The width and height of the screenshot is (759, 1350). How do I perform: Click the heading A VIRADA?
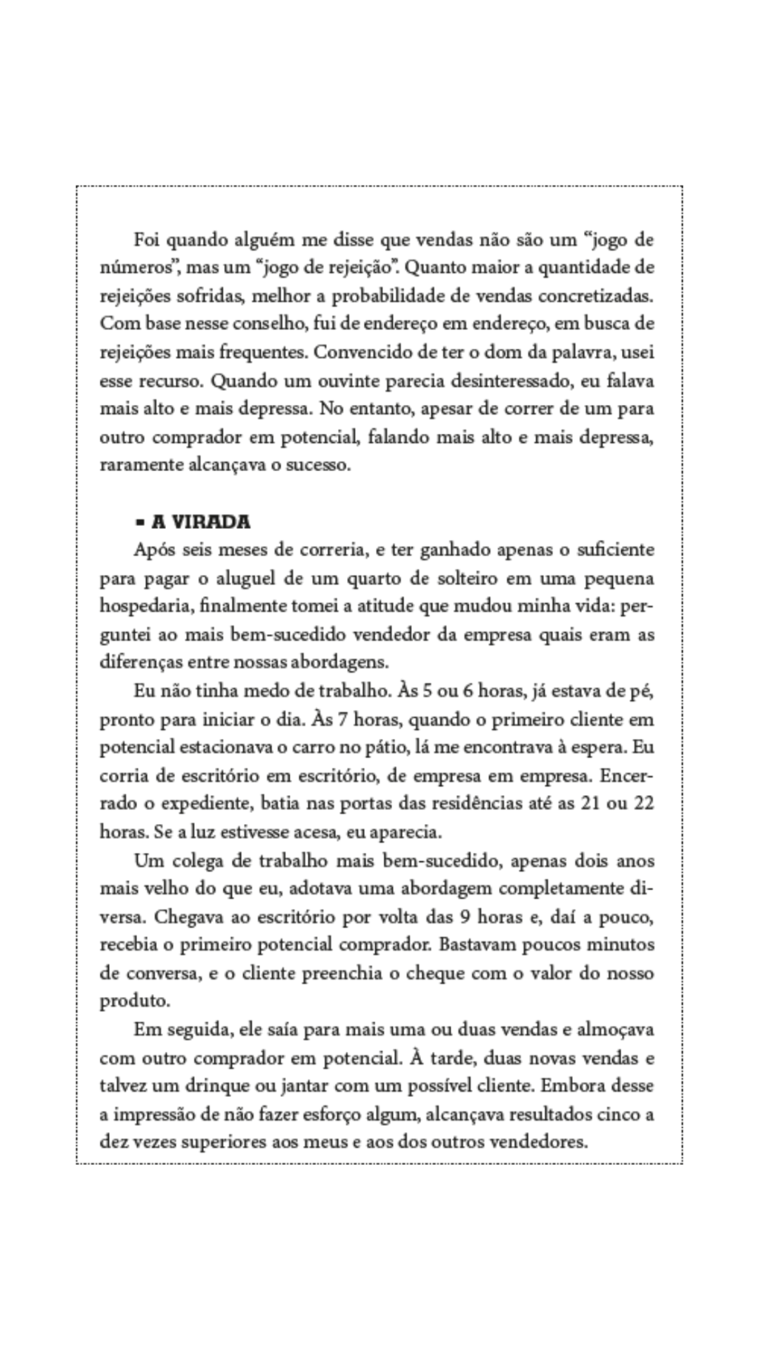click(200, 521)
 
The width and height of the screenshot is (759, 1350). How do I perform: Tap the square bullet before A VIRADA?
click(139, 522)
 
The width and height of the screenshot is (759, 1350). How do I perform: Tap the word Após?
click(152, 550)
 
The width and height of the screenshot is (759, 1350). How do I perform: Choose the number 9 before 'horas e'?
click(465, 917)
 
